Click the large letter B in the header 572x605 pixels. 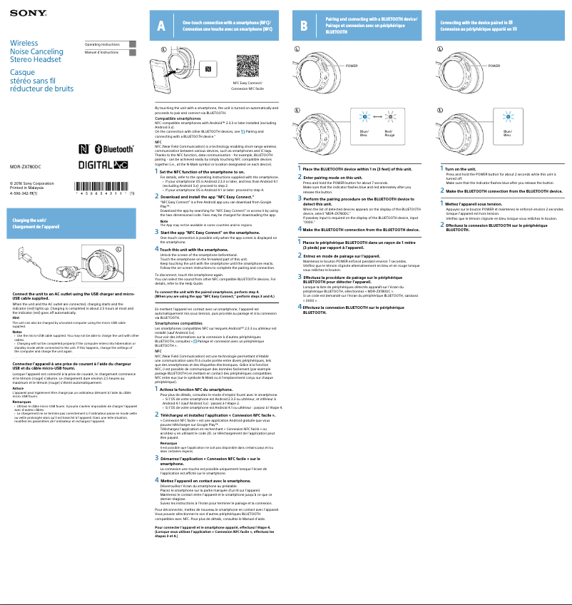click(305, 27)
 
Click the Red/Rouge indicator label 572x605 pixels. click(389, 133)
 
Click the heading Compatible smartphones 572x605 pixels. click(178, 118)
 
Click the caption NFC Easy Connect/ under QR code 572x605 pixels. click(247, 83)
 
